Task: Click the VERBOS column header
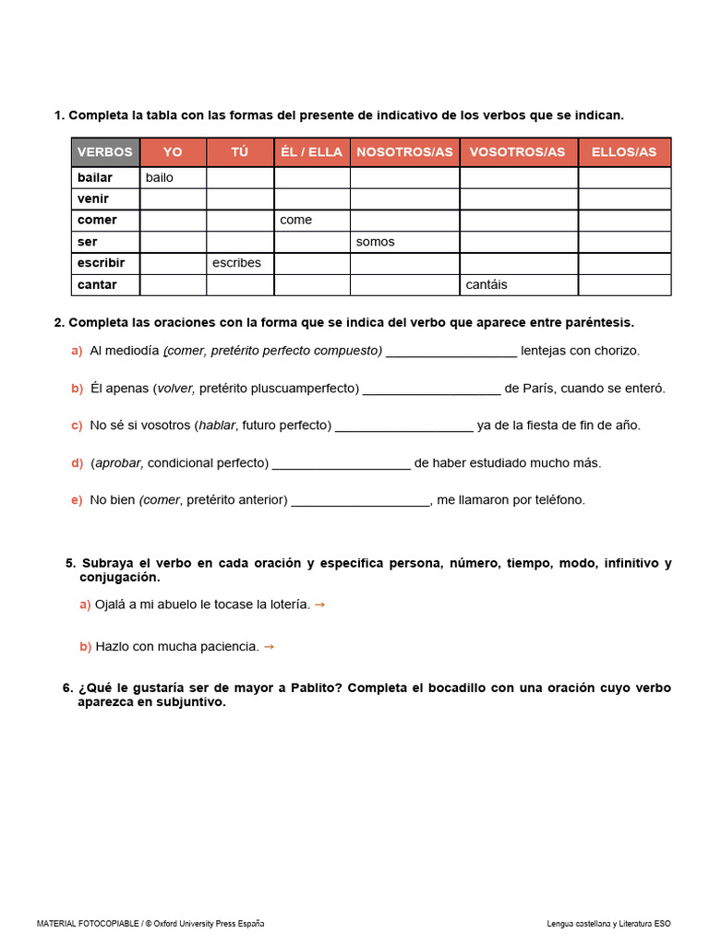point(105,152)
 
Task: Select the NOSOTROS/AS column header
point(404,152)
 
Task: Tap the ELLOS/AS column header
point(624,152)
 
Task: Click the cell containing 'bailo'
point(173,177)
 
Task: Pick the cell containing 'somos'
point(404,242)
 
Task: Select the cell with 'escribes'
point(240,263)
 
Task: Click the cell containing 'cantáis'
point(519,285)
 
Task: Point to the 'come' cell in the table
point(312,220)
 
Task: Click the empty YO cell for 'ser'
point(173,242)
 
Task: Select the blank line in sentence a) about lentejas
point(451,353)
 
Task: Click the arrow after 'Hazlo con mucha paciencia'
point(269,647)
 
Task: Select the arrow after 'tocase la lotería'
point(319,604)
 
